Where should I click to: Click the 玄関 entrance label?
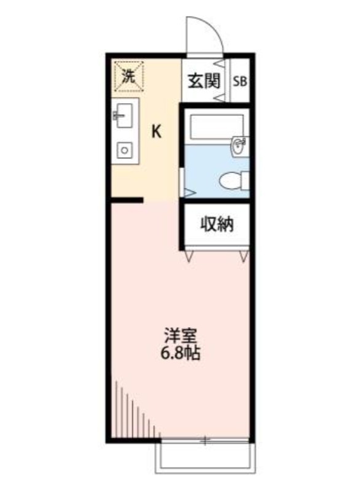(x=204, y=81)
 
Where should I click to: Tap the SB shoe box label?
(x=240, y=81)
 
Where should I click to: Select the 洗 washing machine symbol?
(x=128, y=76)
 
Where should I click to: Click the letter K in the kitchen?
(x=157, y=131)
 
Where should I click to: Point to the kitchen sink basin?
(x=125, y=115)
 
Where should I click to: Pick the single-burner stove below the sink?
(x=125, y=149)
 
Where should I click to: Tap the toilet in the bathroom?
(x=233, y=180)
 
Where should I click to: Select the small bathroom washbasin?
(x=239, y=146)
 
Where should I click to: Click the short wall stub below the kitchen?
(x=127, y=199)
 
